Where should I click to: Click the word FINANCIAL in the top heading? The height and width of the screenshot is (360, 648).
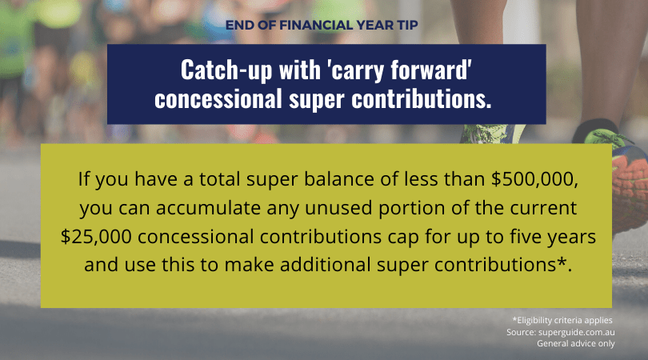pos(316,26)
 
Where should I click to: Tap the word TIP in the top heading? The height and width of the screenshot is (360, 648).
pos(408,26)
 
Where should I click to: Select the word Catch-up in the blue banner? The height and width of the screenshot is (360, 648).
pos(226,70)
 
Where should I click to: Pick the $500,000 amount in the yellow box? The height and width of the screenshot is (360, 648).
pos(534,179)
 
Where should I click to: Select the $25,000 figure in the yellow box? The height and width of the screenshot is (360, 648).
pos(96,237)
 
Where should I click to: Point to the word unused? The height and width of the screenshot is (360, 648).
pos(338,208)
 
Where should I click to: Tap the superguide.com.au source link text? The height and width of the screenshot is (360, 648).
pos(577,332)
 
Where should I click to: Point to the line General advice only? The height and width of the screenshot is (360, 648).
pos(576,343)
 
